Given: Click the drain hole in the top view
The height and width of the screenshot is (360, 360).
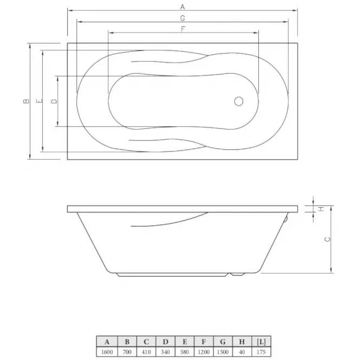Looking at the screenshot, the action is (x=239, y=101).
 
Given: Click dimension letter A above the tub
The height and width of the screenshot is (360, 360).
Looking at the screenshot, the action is (x=182, y=7).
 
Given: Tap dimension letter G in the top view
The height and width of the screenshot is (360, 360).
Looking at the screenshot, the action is (x=182, y=18).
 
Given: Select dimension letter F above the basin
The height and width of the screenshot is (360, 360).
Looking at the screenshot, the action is (x=183, y=29).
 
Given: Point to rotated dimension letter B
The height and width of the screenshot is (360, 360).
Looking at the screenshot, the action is (x=27, y=101).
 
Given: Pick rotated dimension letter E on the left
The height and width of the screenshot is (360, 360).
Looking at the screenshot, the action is (x=40, y=101).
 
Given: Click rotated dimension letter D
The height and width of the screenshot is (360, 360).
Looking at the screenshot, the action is (x=54, y=101).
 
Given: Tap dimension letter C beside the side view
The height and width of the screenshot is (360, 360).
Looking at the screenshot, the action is (x=328, y=239).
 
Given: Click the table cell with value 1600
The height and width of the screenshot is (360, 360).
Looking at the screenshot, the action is (x=107, y=352).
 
